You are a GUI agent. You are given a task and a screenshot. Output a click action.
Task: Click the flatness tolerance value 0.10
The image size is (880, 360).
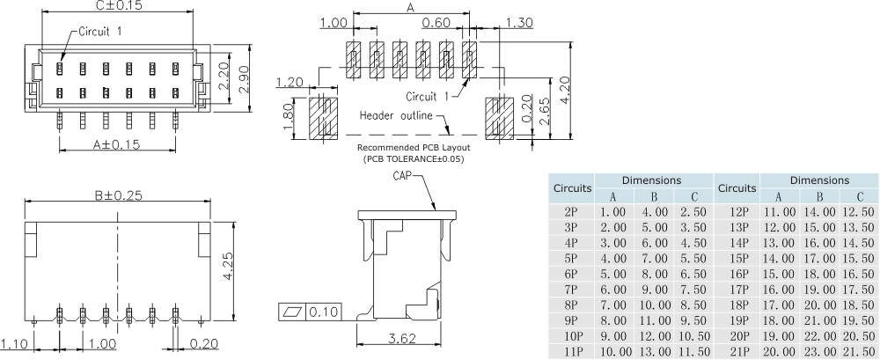pyautogui.click(x=326, y=312)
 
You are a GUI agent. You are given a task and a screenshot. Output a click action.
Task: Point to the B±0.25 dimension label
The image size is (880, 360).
pyautogui.click(x=118, y=196)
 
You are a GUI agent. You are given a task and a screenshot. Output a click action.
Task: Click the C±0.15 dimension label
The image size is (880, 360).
pyautogui.click(x=118, y=6)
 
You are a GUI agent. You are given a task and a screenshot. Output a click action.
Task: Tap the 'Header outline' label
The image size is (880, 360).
pyautogui.click(x=399, y=115)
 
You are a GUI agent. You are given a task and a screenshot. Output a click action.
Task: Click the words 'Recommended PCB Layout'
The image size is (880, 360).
pyautogui.click(x=413, y=147)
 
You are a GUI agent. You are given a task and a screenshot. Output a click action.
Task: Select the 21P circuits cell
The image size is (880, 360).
pyautogui.click(x=737, y=351)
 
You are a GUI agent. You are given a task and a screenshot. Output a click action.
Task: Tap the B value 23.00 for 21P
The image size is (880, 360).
pyautogui.click(x=819, y=351)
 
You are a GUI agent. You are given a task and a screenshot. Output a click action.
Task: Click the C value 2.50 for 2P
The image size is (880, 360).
pyautogui.click(x=693, y=211)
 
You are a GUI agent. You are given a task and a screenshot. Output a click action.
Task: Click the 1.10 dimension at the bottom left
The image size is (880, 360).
pyautogui.click(x=15, y=343)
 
